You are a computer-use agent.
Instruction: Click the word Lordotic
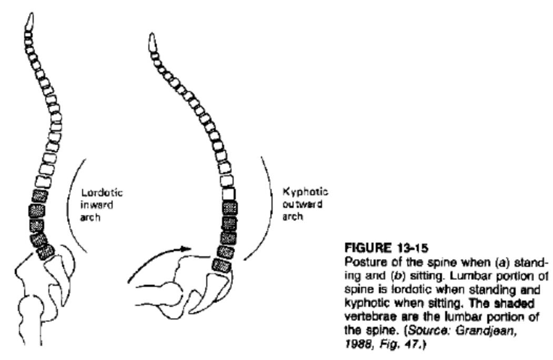[x=102, y=193]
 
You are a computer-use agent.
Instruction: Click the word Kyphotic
[x=305, y=192]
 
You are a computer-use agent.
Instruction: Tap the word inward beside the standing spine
[x=97, y=205]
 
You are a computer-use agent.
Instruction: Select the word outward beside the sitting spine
[x=302, y=204]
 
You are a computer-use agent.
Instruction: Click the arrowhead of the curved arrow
[x=186, y=248]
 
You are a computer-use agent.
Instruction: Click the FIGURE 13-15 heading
[x=386, y=248]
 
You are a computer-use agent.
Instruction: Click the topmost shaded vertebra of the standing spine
[x=40, y=196]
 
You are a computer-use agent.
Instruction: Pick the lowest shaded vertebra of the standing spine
[x=45, y=252]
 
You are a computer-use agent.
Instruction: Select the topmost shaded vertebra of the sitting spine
[x=229, y=208]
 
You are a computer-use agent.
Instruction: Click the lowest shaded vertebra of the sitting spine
[x=222, y=266]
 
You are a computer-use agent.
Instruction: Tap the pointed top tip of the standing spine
[x=32, y=13]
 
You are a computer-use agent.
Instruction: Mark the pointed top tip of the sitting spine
[x=152, y=34]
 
